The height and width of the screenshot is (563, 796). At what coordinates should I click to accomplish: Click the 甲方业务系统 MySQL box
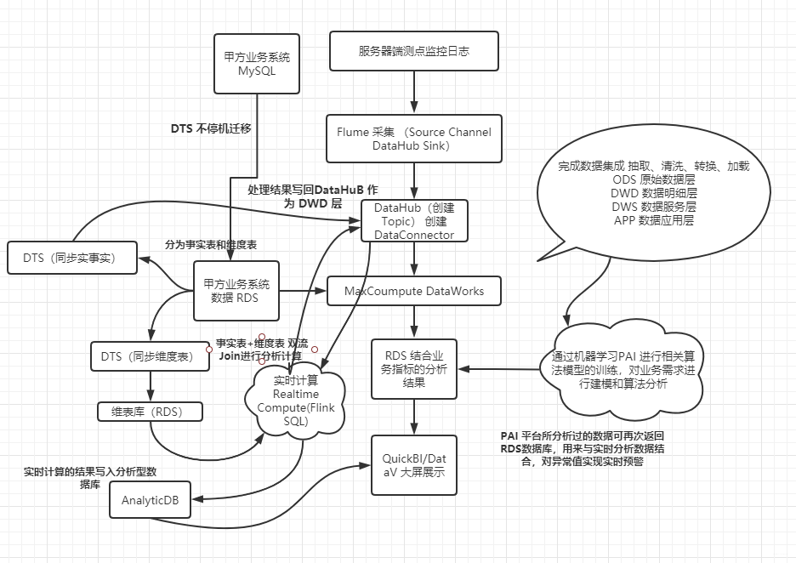[257, 64]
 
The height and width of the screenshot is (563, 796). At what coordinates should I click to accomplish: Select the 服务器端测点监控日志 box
[413, 51]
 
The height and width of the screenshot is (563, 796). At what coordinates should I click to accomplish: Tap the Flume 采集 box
[413, 139]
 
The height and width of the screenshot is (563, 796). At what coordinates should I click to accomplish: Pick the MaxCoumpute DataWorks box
[413, 291]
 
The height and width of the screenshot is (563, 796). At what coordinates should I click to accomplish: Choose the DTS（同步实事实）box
[72, 258]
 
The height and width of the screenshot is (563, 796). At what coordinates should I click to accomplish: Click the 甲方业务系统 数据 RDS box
[236, 291]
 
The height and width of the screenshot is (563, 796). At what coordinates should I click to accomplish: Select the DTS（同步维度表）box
[151, 356]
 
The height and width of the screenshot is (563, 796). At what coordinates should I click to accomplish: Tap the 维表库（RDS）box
[151, 412]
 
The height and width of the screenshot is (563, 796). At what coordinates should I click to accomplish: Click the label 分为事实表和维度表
[211, 245]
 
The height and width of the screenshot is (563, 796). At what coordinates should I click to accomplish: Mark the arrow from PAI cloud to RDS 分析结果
[502, 369]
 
